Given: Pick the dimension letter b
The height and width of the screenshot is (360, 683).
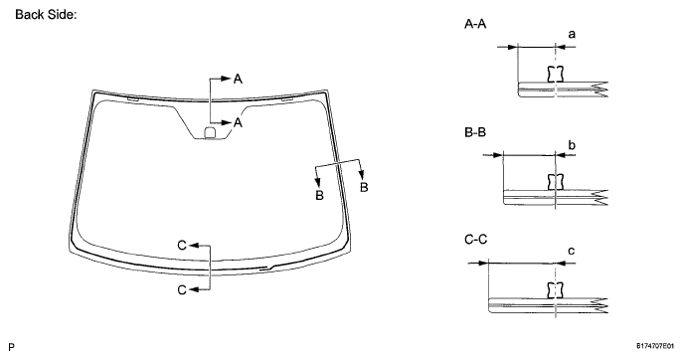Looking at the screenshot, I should (x=571, y=145).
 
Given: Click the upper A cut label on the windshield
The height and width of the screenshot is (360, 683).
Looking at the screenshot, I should (x=239, y=78).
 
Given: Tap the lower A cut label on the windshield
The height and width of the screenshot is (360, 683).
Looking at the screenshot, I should (x=239, y=122).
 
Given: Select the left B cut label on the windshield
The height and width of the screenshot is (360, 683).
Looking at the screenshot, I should (x=319, y=196).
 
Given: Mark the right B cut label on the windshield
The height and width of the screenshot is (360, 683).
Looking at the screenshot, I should (x=364, y=186).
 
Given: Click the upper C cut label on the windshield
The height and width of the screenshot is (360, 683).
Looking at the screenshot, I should (x=181, y=244).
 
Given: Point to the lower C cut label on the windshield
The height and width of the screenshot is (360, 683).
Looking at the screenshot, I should (x=181, y=288).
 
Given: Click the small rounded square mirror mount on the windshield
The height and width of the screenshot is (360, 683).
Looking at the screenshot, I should (x=209, y=132).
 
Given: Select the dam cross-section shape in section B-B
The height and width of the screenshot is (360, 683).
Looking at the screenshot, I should (x=555, y=182).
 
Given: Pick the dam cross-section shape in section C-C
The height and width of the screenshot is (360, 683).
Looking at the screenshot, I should (x=555, y=289).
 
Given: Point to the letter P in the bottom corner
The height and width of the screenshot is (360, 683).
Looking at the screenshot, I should (x=9, y=347).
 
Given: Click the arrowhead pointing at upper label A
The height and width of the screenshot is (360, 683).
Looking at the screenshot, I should (x=226, y=78).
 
